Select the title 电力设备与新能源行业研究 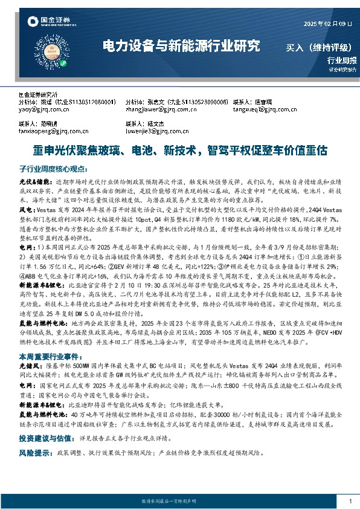click(181, 45)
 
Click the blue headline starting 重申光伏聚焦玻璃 click(180, 149)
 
